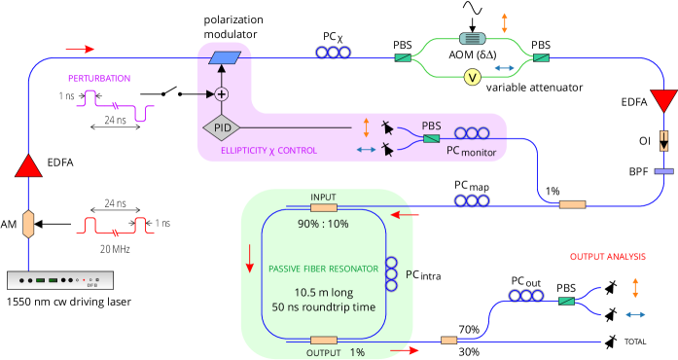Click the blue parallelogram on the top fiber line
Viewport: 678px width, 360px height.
(x=225, y=58)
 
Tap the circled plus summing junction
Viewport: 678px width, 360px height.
(x=221, y=94)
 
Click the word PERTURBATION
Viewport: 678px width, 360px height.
(x=98, y=79)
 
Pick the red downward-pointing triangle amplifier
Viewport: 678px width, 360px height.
(x=663, y=100)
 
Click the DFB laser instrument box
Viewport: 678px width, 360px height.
(x=60, y=280)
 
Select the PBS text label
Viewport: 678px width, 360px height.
(x=431, y=126)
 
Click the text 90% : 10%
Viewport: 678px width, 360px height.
(x=323, y=224)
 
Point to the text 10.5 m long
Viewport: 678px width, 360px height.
(x=323, y=292)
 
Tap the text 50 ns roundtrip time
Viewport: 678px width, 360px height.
(x=323, y=308)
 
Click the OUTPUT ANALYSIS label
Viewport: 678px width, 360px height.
(x=607, y=257)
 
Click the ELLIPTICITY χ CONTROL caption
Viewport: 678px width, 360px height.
(x=269, y=151)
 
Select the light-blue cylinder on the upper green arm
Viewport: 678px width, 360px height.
(x=472, y=39)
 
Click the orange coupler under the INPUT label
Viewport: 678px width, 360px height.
(x=323, y=207)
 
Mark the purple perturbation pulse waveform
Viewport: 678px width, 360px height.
(x=117, y=104)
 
